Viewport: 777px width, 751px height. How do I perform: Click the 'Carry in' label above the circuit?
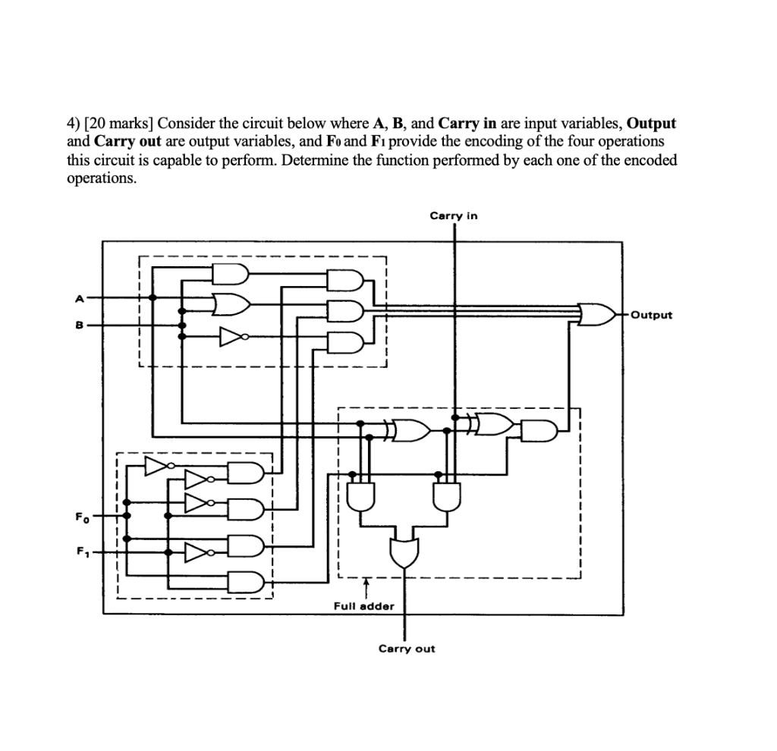coord(454,216)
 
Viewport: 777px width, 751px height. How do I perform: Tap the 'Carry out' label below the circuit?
coord(407,649)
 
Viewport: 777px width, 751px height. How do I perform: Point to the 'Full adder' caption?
coord(364,606)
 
